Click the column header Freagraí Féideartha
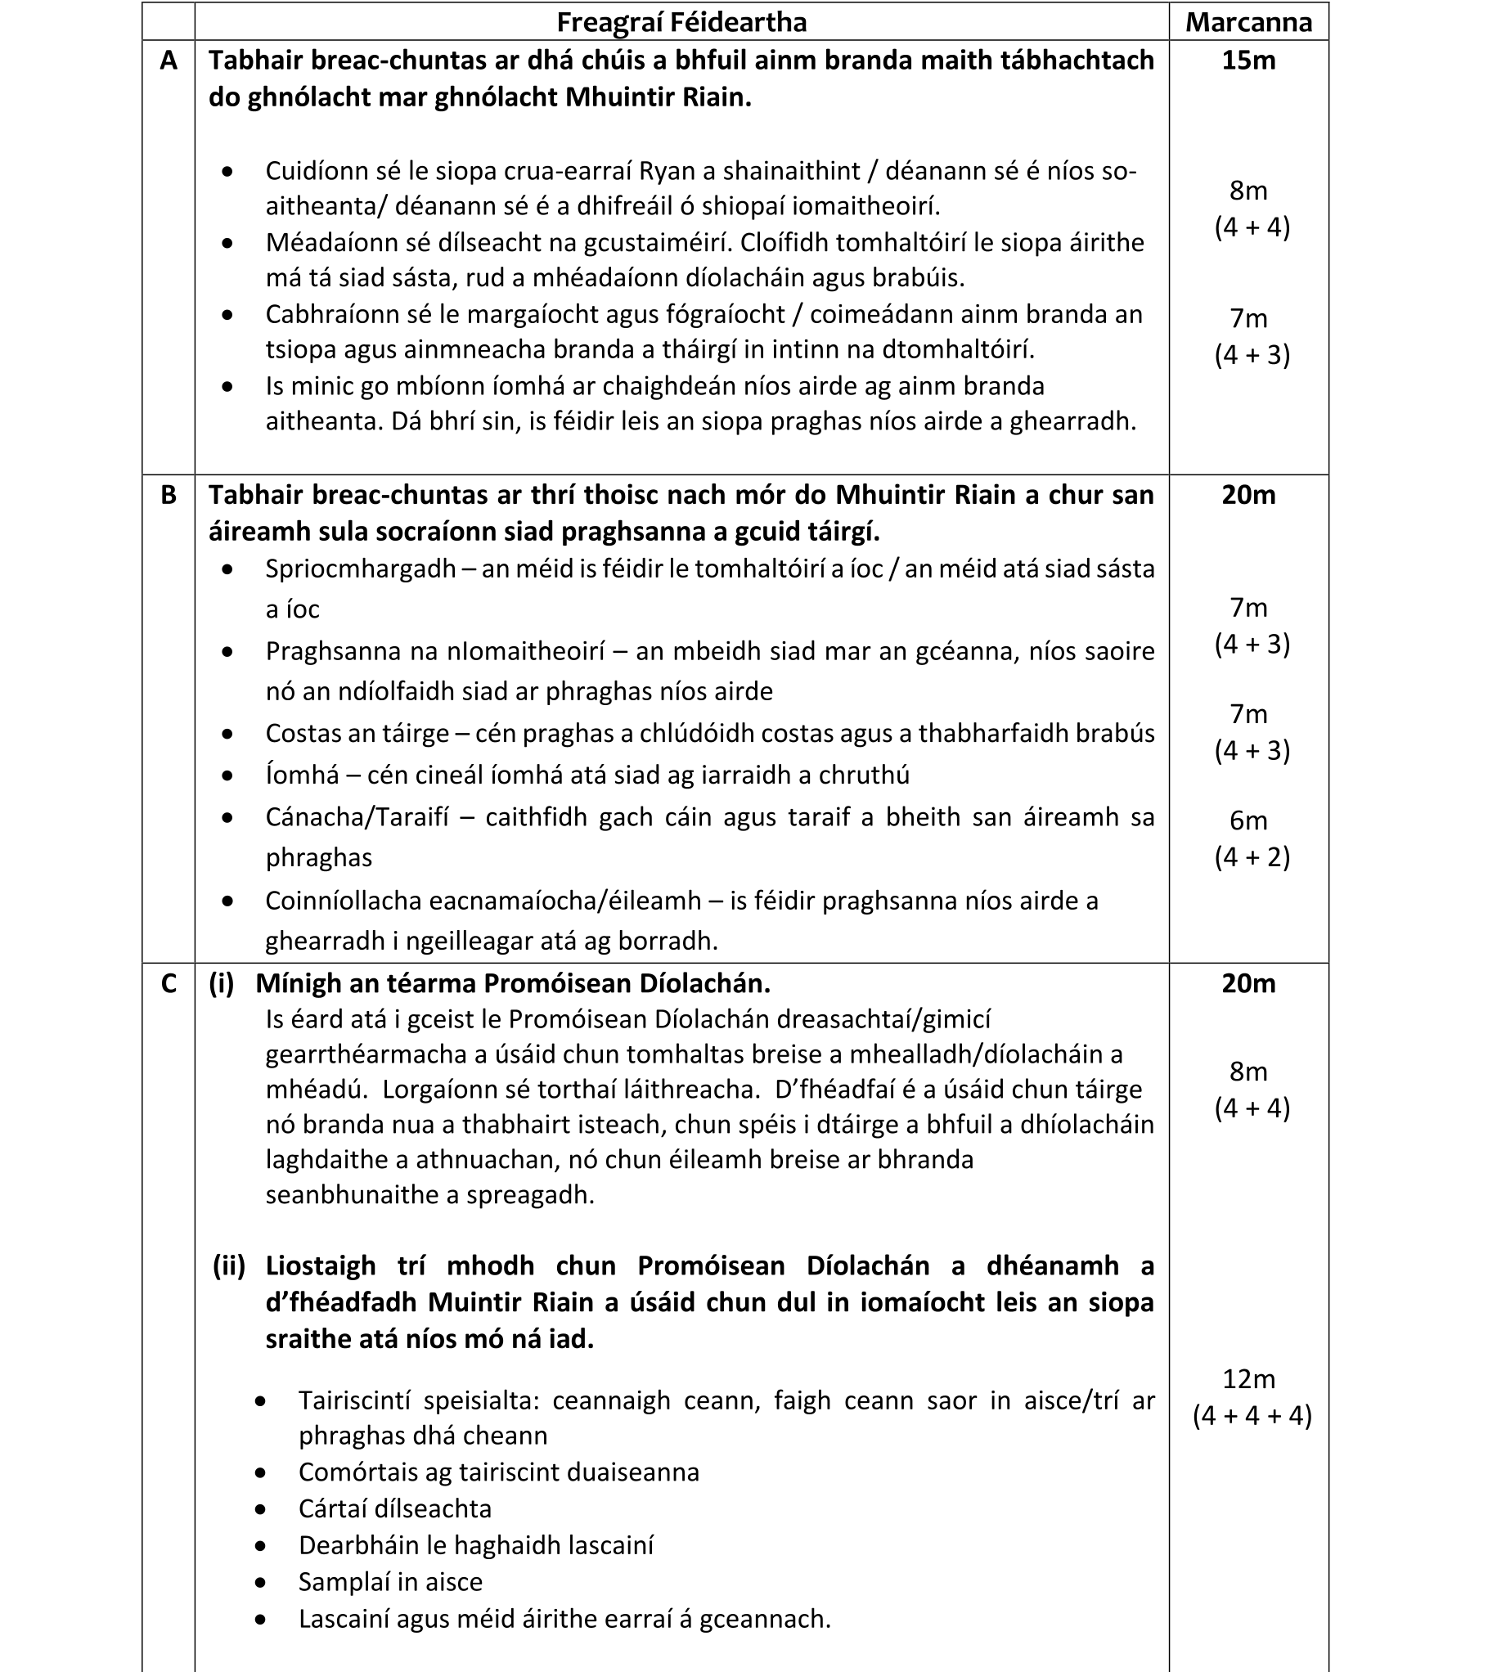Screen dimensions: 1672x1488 pos(681,22)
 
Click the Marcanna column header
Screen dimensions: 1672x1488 pos(1248,22)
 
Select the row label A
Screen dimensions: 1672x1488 pos(169,61)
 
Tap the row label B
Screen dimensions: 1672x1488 pos(169,495)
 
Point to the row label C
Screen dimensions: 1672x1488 pos(169,983)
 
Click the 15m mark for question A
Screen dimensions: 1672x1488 pos(1248,61)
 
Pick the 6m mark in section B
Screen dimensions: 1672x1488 pos(1248,820)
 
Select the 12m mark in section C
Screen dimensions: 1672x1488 pos(1248,1379)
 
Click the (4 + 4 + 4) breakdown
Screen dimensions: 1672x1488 pos(1252,1416)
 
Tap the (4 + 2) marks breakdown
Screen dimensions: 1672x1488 pos(1252,857)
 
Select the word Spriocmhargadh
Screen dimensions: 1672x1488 pos(361,569)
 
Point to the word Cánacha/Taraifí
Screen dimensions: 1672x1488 pos(357,817)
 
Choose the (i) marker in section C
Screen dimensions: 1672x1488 pos(222,983)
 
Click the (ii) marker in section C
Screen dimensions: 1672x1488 pos(229,1266)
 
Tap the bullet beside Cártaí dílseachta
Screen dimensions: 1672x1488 pos(260,1509)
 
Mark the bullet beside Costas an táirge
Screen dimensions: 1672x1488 pos(227,734)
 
